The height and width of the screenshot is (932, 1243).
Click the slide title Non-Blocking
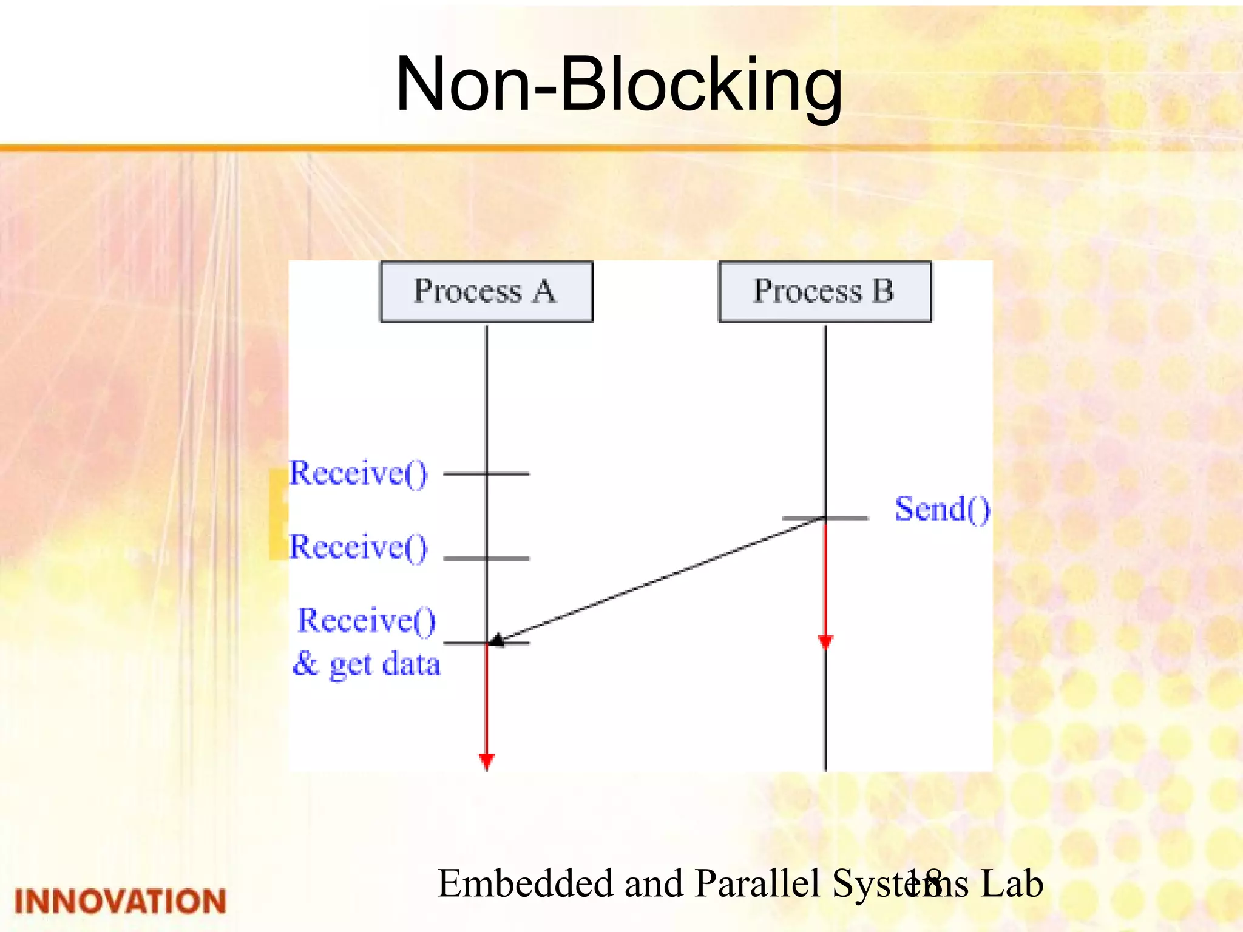click(x=618, y=84)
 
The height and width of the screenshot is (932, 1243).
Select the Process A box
click(x=486, y=291)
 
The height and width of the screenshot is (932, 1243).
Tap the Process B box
click(x=825, y=291)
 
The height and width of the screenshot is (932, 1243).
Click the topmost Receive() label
click(x=358, y=473)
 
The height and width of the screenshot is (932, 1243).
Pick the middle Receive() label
click(x=358, y=547)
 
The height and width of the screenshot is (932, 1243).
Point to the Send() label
click(x=942, y=509)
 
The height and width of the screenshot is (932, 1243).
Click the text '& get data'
click(x=367, y=664)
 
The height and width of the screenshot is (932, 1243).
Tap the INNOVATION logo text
click(x=120, y=901)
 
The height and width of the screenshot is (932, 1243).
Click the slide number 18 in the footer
click(x=923, y=883)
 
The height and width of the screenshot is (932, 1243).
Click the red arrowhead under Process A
click(x=487, y=761)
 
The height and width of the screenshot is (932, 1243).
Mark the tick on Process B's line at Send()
click(x=825, y=518)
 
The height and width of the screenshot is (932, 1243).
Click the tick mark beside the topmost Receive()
click(x=486, y=473)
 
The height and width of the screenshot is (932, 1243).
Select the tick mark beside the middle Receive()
click(x=486, y=558)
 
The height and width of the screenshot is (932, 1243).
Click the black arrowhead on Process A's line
click(x=496, y=640)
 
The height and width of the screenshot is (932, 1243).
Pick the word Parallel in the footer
click(x=759, y=883)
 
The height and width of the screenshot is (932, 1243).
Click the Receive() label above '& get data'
click(x=367, y=621)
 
